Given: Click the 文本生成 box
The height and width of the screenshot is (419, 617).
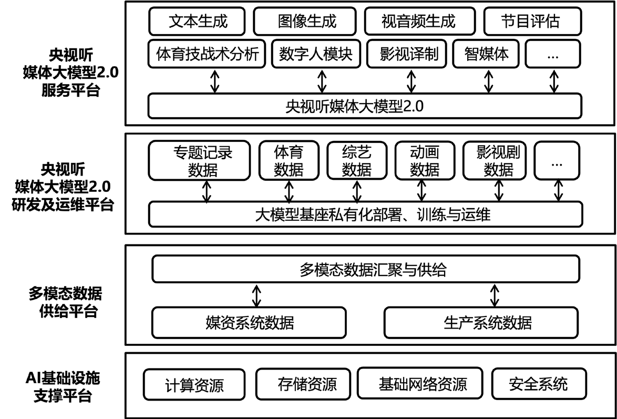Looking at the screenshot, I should [x=198, y=22].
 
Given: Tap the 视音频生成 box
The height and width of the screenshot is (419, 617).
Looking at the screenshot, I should [x=418, y=22].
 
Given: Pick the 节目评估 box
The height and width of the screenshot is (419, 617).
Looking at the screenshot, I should [x=532, y=22].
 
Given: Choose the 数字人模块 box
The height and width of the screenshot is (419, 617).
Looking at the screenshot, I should [x=315, y=54].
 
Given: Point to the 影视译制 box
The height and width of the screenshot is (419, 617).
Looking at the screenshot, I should [x=409, y=54].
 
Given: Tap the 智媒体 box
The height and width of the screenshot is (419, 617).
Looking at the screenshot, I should [x=486, y=54].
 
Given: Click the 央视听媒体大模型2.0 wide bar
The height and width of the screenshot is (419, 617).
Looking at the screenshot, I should [x=365, y=106].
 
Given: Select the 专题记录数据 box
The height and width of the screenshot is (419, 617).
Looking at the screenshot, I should [x=202, y=161].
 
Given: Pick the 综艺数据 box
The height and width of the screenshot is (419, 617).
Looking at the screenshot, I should [x=357, y=161].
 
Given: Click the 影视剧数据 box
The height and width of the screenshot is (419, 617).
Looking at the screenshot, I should [x=498, y=161].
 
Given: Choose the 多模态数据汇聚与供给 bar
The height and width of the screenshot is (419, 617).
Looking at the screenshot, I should [x=366, y=270].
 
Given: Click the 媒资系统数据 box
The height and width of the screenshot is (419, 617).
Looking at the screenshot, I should [x=249, y=322].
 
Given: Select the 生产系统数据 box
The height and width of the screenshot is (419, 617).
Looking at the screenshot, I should [x=481, y=322].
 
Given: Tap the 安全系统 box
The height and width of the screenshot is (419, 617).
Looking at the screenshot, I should [x=538, y=384].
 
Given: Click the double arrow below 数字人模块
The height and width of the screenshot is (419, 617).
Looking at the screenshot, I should [x=322, y=81].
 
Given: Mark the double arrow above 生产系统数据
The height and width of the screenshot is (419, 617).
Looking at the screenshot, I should [x=494, y=295].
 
